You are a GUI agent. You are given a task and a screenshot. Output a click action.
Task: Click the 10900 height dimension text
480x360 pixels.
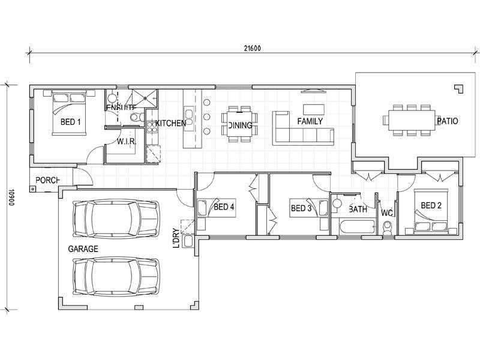tap(11, 198)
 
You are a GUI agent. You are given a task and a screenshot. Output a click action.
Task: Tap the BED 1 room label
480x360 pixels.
tap(70, 122)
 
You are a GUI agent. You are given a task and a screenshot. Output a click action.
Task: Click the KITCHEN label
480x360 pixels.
tap(170, 123)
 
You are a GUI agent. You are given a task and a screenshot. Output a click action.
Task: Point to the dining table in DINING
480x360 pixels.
tap(240, 124)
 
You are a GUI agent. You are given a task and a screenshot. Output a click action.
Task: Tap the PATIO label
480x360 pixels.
tap(447, 121)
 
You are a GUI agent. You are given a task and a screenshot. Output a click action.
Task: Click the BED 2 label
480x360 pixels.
tap(431, 206)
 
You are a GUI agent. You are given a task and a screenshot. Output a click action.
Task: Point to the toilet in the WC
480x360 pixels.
tap(388, 227)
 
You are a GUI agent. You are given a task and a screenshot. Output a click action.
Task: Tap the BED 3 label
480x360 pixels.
tap(301, 209)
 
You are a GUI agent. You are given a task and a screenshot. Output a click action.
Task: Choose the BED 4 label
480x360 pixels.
tap(224, 208)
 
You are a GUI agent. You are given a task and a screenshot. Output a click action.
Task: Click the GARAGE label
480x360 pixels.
tap(83, 248)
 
